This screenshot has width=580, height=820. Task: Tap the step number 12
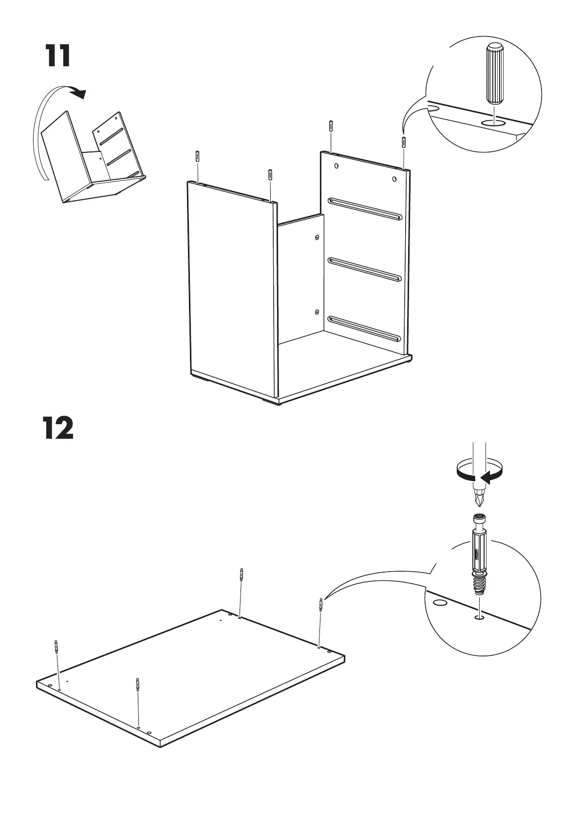pos(59,429)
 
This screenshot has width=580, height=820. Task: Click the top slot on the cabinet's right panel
pos(365,208)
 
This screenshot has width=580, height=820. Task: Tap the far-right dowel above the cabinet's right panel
pos(404,143)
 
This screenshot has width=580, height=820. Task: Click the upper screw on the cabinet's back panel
pos(317,238)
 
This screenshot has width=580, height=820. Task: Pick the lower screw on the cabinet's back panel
pos(317,311)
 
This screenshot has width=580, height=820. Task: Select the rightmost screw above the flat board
pos(320,604)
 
